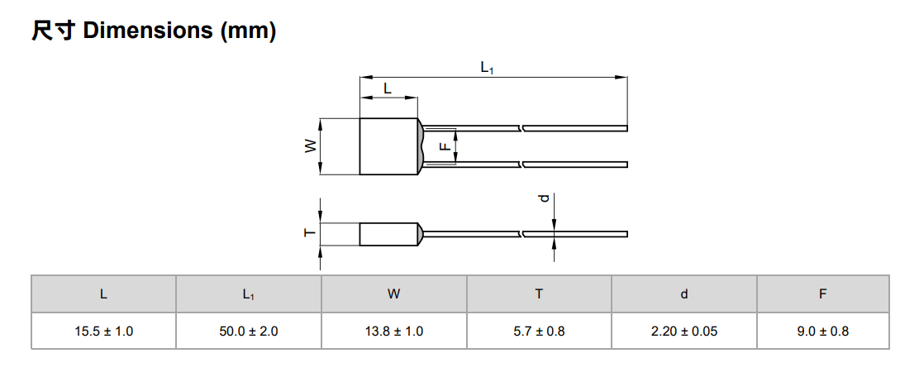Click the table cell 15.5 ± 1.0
tap(103, 332)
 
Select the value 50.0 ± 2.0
tap(249, 332)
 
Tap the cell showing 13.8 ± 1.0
tap(394, 332)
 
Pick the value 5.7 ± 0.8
tap(539, 332)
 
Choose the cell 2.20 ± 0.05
tap(684, 332)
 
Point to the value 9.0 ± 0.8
tap(823, 332)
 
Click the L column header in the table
tap(103, 293)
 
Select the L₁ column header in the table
tap(249, 294)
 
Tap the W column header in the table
tap(394, 293)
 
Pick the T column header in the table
tap(539, 293)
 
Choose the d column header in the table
tap(684, 293)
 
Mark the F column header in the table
tap(823, 293)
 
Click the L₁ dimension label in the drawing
tap(487, 69)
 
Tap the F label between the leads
tap(444, 146)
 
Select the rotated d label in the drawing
tap(543, 198)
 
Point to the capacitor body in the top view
tap(388, 146)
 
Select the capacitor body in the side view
tap(388, 234)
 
